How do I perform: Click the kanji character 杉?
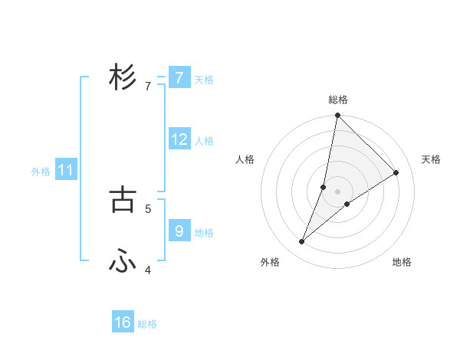123,77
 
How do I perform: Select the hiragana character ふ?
123,262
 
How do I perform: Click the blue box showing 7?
179,78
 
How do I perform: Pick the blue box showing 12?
179,139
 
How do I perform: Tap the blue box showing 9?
179,230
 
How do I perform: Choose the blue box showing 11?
65,170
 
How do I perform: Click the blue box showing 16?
123,322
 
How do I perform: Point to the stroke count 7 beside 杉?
147,87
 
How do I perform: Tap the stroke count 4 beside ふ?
147,270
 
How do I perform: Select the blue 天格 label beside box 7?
204,79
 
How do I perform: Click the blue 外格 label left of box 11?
41,172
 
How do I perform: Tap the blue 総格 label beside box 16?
147,324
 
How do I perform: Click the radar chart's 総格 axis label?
337,100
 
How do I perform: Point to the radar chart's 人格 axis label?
245,159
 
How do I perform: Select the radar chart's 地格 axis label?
402,262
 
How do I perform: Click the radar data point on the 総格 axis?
337,116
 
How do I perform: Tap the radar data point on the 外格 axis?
302,242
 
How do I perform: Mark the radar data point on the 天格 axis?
396,172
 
